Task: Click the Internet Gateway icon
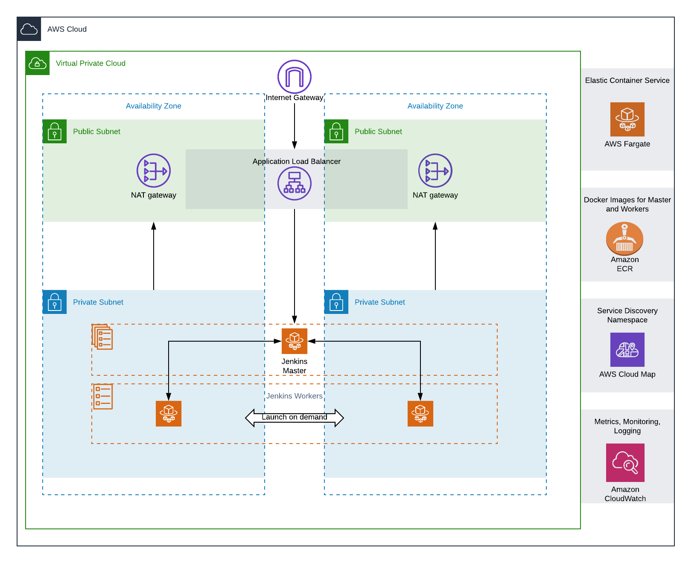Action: pyautogui.click(x=295, y=77)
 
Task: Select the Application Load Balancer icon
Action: pyautogui.click(x=295, y=183)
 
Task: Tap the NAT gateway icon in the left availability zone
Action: pyautogui.click(x=154, y=171)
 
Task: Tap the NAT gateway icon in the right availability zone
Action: pyautogui.click(x=435, y=171)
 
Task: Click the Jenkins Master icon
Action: pyautogui.click(x=295, y=341)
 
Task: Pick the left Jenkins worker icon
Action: pyautogui.click(x=169, y=414)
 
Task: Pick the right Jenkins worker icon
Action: pyautogui.click(x=420, y=414)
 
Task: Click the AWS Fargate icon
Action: pyautogui.click(x=627, y=119)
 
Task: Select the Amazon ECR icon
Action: pyautogui.click(x=624, y=238)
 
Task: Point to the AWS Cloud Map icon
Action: pyautogui.click(x=627, y=350)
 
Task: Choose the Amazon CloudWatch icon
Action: pyautogui.click(x=625, y=463)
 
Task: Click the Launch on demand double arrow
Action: pyautogui.click(x=295, y=418)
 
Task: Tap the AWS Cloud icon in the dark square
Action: pyautogui.click(x=29, y=29)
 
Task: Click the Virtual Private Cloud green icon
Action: pyautogui.click(x=38, y=63)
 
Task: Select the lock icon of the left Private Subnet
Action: pyautogui.click(x=55, y=302)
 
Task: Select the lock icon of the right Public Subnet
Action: pyautogui.click(x=336, y=131)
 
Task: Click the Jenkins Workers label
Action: pyautogui.click(x=295, y=396)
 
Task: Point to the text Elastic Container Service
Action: pyautogui.click(x=627, y=80)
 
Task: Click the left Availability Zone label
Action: pyautogui.click(x=154, y=106)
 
